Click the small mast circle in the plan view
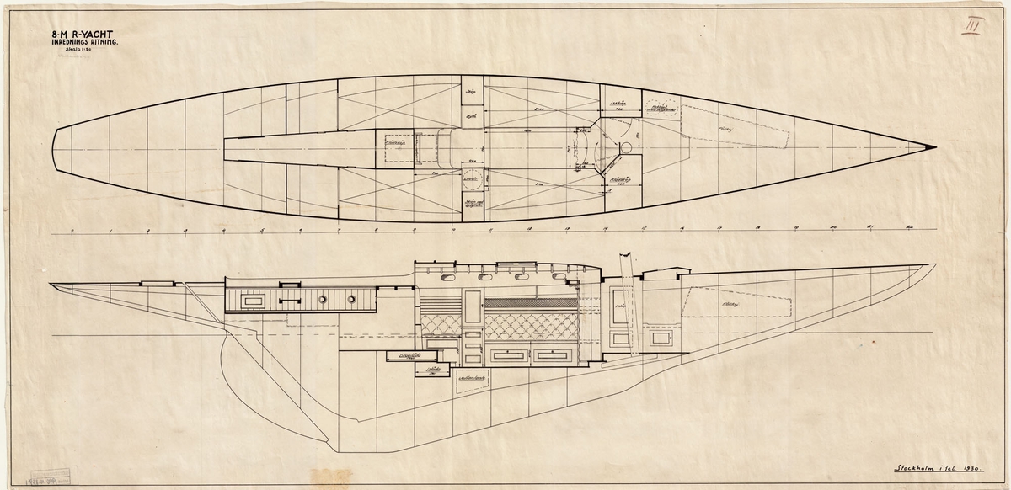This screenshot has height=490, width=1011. [625, 147]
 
